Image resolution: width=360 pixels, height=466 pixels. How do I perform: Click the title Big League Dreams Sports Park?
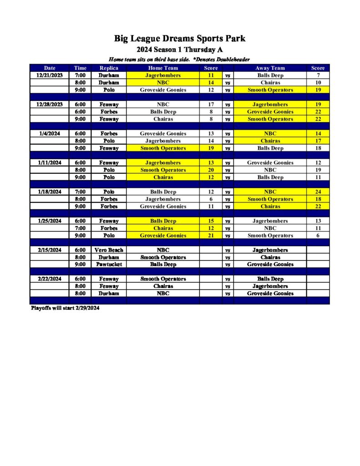(x=180, y=39)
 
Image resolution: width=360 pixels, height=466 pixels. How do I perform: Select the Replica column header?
(x=109, y=68)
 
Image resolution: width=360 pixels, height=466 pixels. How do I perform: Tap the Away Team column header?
(x=270, y=68)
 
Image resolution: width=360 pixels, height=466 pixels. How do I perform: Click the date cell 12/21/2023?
(x=50, y=75)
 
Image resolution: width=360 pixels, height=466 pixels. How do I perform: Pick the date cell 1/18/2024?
(x=50, y=192)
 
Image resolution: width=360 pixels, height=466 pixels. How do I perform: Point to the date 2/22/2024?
(x=50, y=279)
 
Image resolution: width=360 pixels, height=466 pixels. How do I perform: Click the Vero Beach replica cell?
(x=109, y=250)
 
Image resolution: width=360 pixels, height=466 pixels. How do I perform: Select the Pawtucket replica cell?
(x=109, y=264)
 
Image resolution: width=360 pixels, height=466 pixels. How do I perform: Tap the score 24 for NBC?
(x=318, y=192)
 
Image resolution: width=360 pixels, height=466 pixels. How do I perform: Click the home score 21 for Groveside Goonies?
(x=211, y=236)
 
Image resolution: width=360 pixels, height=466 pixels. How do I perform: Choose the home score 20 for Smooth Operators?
(x=211, y=170)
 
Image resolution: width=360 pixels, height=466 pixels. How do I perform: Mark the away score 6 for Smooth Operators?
(x=318, y=236)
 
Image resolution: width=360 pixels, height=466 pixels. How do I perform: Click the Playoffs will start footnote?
(x=65, y=308)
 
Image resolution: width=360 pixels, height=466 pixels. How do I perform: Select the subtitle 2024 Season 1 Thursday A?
(x=180, y=50)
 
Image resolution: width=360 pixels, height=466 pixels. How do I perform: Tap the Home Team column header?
(x=162, y=68)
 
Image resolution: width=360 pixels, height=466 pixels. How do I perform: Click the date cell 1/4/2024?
(x=50, y=134)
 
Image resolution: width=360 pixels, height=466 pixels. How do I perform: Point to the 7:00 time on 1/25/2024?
(x=80, y=228)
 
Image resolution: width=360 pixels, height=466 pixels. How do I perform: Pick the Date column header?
(x=50, y=68)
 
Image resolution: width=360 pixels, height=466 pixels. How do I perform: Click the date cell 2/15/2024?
(x=50, y=250)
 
